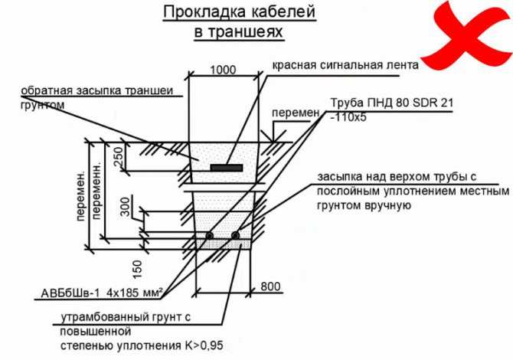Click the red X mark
click(x=464, y=34)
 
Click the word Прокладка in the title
click(x=204, y=12)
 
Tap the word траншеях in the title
click(x=245, y=32)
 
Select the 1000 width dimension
click(x=223, y=70)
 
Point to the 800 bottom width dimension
click(x=270, y=286)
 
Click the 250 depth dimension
click(x=119, y=157)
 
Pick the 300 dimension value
click(x=125, y=207)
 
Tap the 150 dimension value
click(x=138, y=270)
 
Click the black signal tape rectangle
click(x=227, y=168)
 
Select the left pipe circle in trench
click(x=209, y=236)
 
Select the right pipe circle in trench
click(x=235, y=236)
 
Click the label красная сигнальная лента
click(x=345, y=65)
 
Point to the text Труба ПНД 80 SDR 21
click(x=392, y=103)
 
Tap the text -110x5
click(x=348, y=117)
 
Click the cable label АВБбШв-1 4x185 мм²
click(x=102, y=293)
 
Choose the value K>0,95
click(x=204, y=345)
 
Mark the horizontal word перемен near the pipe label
click(x=296, y=113)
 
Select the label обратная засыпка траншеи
click(x=96, y=90)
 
